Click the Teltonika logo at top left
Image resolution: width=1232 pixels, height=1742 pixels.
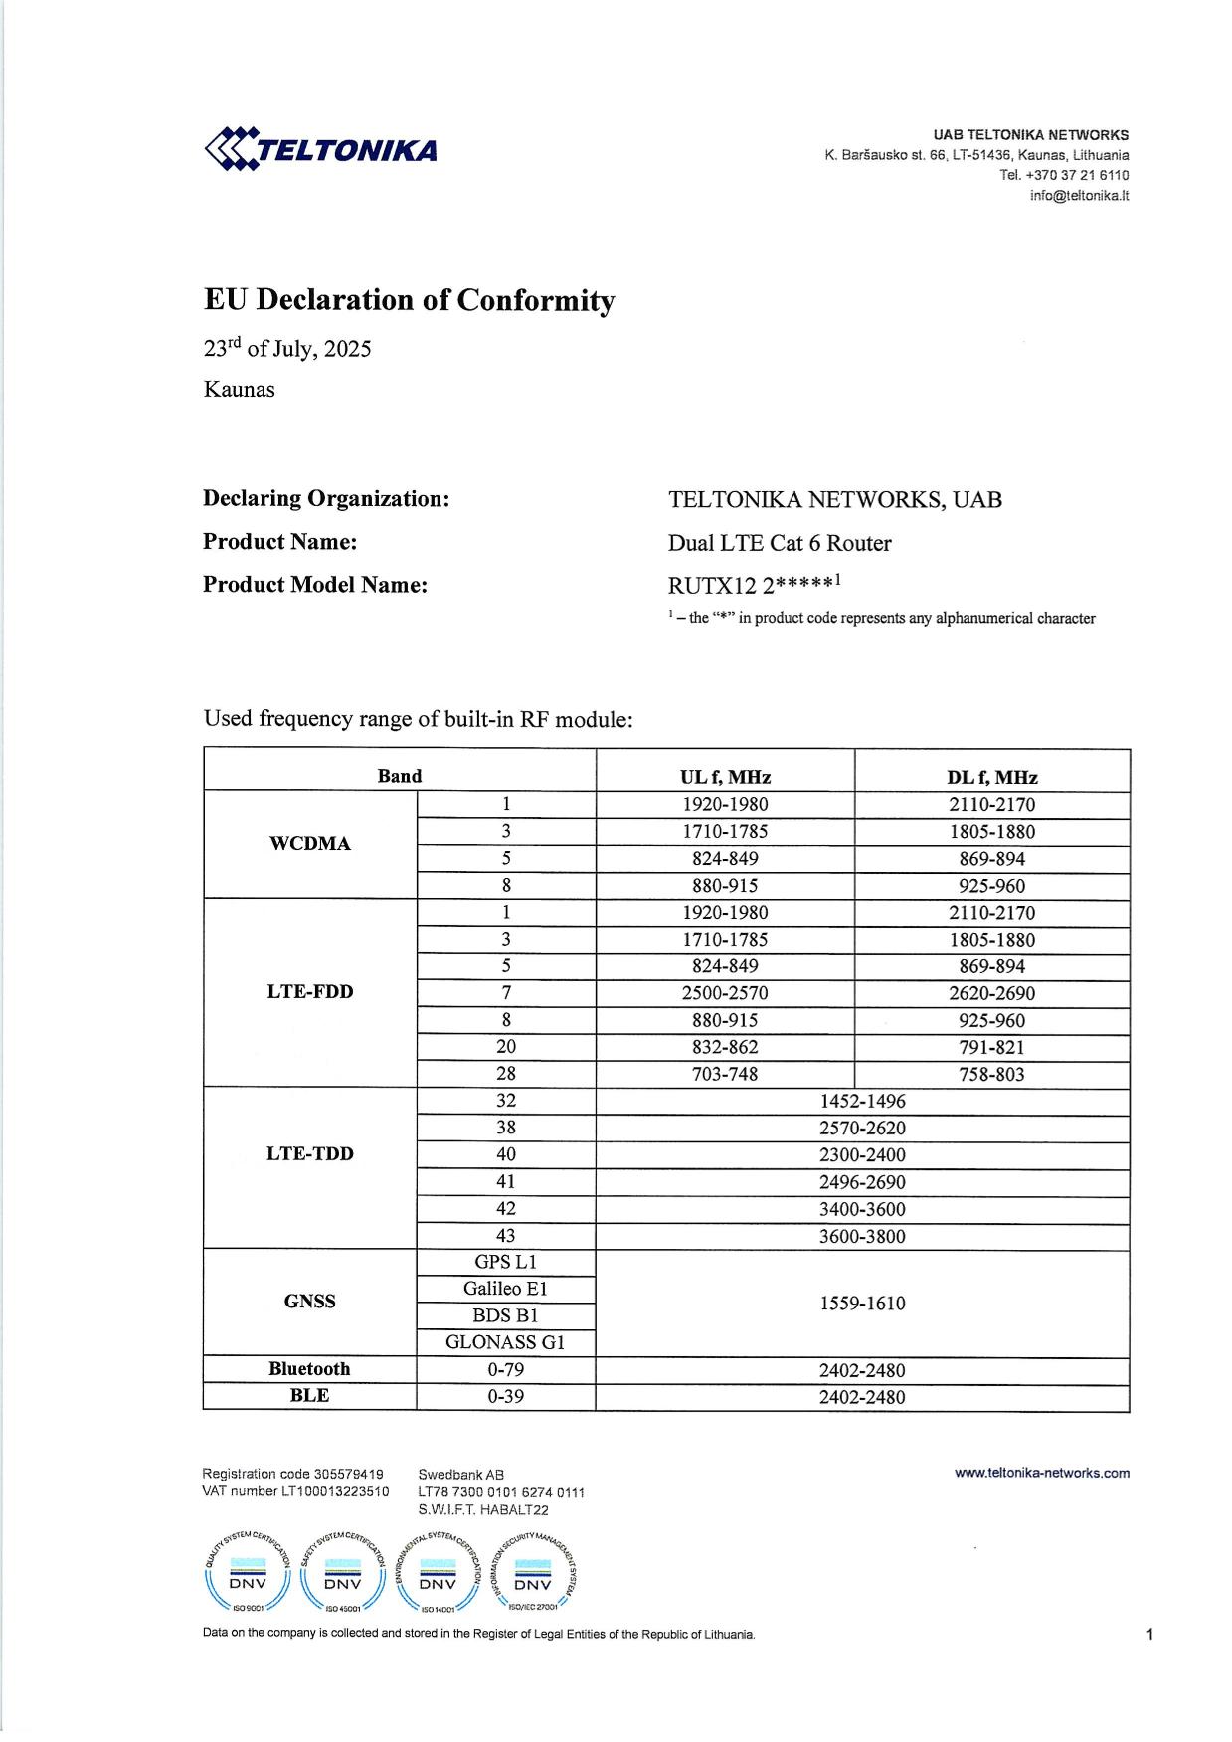320,149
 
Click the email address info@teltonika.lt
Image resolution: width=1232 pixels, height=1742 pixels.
1079,196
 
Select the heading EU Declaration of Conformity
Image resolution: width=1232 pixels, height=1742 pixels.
409,300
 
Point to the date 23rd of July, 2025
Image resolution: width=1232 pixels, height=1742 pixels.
287,349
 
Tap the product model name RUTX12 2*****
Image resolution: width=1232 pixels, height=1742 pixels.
755,585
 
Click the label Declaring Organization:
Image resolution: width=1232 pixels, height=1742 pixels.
326,498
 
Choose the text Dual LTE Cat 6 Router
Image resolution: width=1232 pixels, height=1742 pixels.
780,543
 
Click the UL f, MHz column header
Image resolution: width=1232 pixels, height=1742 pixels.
725,777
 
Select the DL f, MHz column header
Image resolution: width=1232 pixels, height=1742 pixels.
991,777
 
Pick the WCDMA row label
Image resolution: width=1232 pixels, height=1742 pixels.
310,844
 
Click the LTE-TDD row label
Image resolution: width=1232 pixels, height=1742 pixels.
310,1154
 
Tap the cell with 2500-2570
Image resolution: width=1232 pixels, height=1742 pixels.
725,993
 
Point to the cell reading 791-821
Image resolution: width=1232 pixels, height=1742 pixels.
991,1047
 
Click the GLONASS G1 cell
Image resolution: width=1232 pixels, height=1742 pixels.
505,1342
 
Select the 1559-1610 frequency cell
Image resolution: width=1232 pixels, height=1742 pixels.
862,1303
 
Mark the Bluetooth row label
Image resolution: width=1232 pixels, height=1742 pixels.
309,1369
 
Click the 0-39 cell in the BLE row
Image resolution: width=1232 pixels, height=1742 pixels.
505,1396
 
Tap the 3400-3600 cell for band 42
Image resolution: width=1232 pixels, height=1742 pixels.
862,1209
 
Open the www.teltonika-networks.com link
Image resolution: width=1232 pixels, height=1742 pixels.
1041,1473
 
